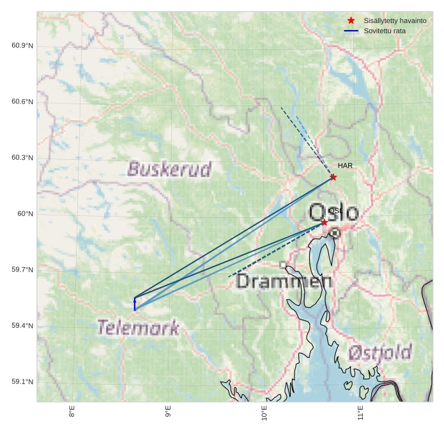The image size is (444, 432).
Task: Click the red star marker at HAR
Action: coord(333,177)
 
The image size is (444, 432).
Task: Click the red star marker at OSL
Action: coord(325,222)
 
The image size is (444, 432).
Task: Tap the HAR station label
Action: coord(345,166)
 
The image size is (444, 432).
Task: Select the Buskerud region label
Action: coord(169,169)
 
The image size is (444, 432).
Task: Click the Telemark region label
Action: coord(138,328)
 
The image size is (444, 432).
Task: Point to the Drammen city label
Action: coord(284,281)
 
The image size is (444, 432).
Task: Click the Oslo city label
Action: coord(333,212)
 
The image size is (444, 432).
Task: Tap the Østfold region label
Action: coord(379,352)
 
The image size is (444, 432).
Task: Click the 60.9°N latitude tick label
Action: coord(22,46)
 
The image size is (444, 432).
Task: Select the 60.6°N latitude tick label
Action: coord(22,102)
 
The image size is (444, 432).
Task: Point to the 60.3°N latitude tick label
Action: coord(22,158)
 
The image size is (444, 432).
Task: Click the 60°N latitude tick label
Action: coord(25,214)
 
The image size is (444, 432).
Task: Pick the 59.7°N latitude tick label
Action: coord(22,270)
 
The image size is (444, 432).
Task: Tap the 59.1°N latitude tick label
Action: coord(22,382)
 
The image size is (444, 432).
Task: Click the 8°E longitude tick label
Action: coord(72,412)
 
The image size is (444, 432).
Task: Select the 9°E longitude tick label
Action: coord(168,412)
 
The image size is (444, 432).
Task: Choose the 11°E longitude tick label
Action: coord(360,412)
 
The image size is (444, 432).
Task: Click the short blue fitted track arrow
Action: coord(135,304)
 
